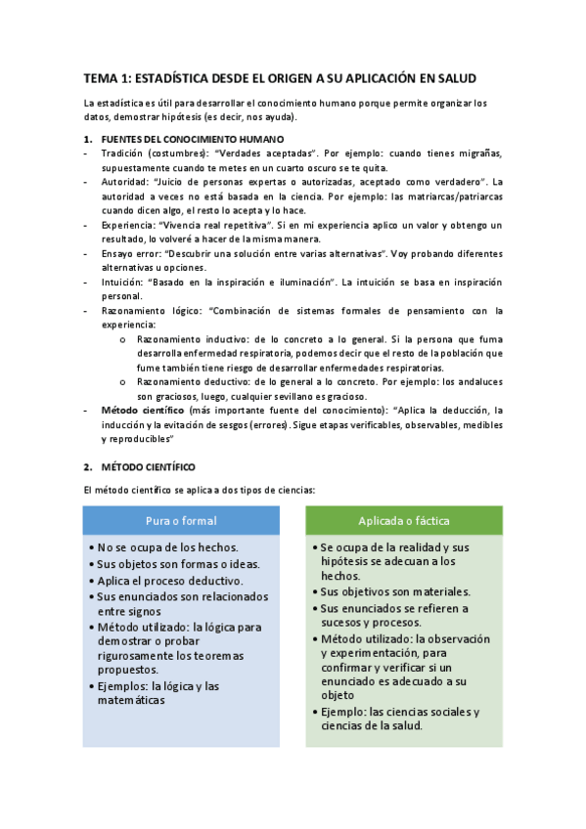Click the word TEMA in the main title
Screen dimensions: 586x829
(x=99, y=78)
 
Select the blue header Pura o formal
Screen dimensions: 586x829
(x=181, y=520)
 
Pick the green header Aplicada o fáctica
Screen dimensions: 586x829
(x=404, y=520)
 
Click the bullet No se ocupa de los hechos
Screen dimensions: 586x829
(x=167, y=548)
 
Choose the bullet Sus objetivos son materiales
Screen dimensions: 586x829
(x=395, y=591)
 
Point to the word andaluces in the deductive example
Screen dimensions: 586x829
(x=475, y=381)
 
